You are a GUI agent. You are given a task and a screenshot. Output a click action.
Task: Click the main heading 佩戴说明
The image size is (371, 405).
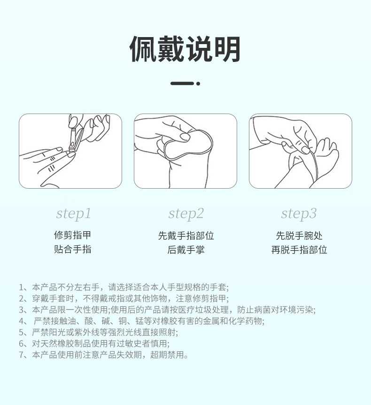185,49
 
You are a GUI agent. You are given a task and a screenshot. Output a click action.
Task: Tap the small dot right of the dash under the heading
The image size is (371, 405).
198,84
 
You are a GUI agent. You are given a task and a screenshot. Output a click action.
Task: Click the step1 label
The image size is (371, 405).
73,214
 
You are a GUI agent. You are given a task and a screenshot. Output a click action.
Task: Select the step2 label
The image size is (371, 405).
186,214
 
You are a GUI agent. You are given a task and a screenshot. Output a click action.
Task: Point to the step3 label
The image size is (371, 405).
299,214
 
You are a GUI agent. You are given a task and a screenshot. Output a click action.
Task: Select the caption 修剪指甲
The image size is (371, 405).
72,235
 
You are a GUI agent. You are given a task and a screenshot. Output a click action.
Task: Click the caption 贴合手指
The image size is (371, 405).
72,249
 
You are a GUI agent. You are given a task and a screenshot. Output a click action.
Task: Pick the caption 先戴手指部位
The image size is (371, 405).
186,236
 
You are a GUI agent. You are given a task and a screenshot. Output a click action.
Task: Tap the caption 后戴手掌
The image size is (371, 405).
186,250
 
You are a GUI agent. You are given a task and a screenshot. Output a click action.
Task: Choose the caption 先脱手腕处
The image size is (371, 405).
299,236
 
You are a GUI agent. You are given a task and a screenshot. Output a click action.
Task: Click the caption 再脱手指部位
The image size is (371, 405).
299,250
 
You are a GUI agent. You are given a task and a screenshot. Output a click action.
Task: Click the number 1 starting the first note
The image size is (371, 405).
22,287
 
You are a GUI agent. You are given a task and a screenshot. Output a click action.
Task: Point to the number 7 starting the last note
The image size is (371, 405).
22,355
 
